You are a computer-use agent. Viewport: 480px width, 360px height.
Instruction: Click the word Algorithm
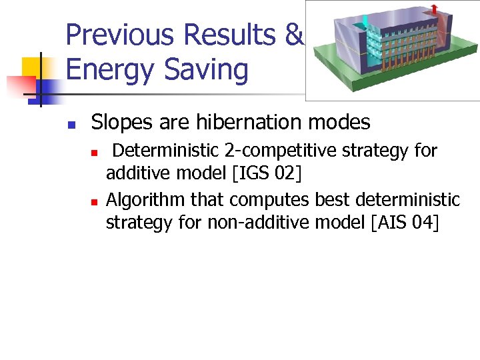(x=146, y=199)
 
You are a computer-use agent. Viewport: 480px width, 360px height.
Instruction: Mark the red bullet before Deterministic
(x=95, y=153)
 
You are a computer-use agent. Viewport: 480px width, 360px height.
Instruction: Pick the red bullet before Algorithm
(x=95, y=201)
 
